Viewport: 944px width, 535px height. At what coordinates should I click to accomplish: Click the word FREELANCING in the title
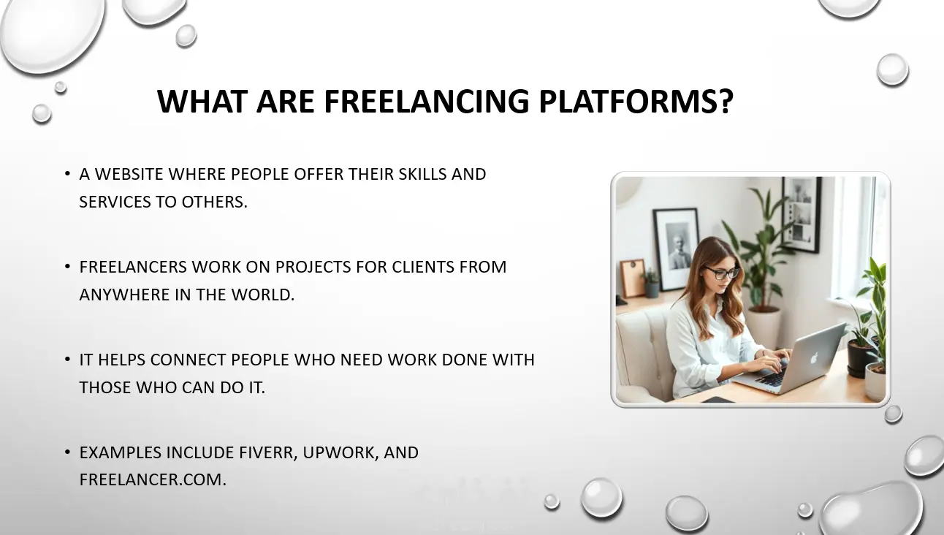point(426,102)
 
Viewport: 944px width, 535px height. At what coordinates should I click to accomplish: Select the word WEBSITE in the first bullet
point(129,174)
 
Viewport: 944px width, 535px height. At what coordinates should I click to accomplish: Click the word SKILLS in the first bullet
point(423,174)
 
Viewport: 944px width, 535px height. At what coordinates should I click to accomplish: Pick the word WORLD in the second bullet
point(262,295)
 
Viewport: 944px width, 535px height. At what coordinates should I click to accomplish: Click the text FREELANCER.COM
point(153,479)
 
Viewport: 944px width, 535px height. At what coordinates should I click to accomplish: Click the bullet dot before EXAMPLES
point(67,452)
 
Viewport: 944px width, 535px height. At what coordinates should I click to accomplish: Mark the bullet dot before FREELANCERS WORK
point(67,267)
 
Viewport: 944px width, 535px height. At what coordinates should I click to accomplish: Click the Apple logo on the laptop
point(814,357)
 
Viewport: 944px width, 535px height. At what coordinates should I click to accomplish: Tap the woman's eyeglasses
point(722,273)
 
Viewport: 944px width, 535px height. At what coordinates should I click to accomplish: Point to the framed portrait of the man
point(677,249)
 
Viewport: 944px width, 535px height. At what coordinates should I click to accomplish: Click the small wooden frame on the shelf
point(633,278)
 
